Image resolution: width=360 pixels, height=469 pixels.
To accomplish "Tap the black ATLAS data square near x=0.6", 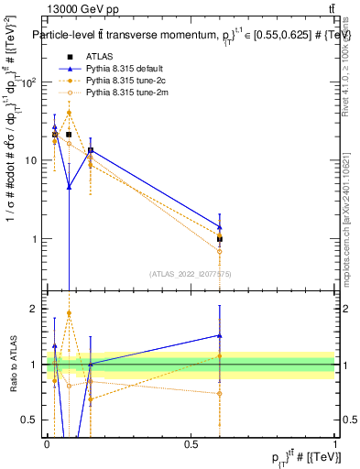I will (x=220, y=239).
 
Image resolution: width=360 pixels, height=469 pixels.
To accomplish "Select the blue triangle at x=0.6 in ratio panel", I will (x=220, y=335).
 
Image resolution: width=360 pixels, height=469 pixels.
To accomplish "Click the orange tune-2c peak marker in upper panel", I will (x=69, y=113).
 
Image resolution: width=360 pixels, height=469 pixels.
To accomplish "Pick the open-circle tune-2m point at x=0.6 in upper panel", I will (x=220, y=251).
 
